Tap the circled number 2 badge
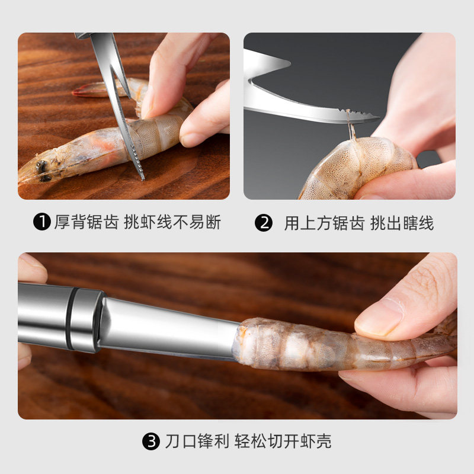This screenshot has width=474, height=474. [263, 223]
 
